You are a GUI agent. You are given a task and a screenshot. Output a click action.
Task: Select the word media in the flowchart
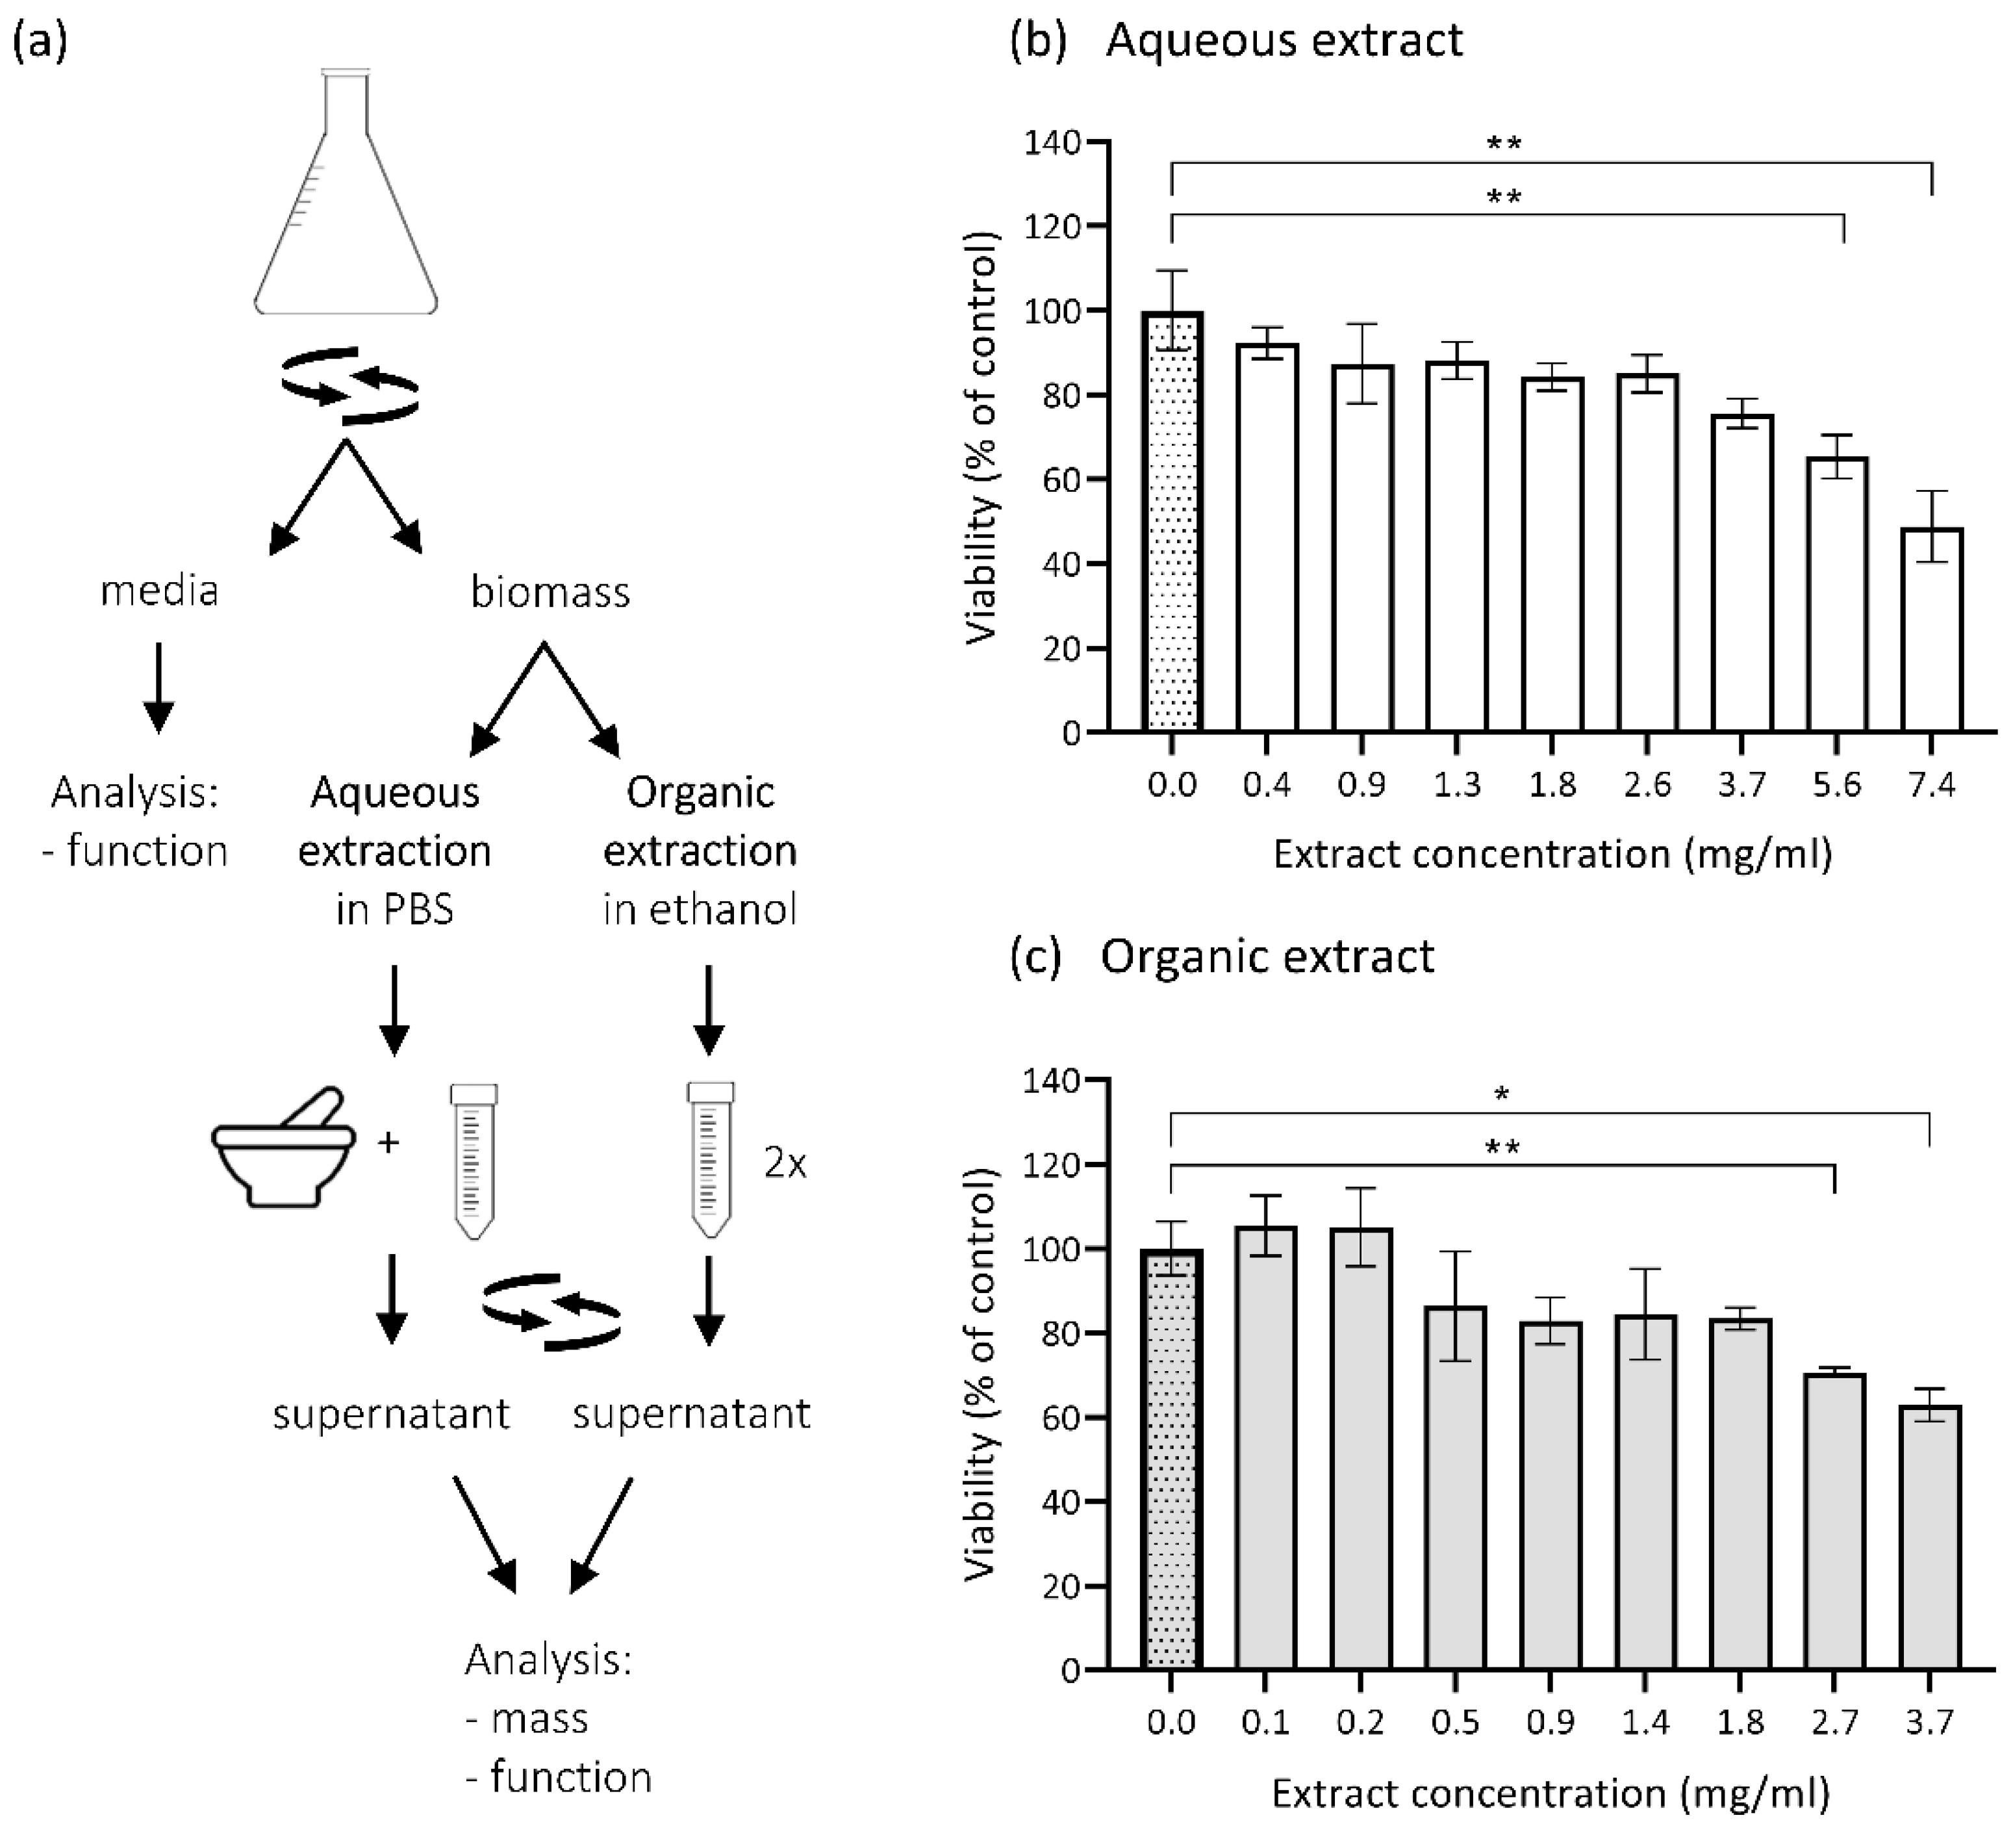point(158,591)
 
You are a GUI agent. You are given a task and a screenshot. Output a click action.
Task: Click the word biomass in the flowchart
point(550,593)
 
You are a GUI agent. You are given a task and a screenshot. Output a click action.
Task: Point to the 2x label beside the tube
point(785,1164)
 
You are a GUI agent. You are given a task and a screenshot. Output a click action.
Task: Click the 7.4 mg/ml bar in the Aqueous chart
point(1932,629)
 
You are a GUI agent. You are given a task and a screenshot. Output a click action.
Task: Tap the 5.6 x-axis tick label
point(1837,785)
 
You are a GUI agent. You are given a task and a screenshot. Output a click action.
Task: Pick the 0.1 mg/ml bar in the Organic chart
point(1266,1448)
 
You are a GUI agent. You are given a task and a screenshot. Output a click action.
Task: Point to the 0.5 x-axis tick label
point(1455,1722)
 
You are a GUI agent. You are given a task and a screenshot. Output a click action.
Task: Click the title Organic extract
point(1267,956)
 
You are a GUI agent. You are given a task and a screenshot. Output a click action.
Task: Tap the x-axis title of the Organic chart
point(1551,1793)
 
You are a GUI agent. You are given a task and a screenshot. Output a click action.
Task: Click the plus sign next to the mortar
point(388,1142)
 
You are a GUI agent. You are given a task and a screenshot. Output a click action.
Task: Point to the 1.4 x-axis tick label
point(1645,1722)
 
